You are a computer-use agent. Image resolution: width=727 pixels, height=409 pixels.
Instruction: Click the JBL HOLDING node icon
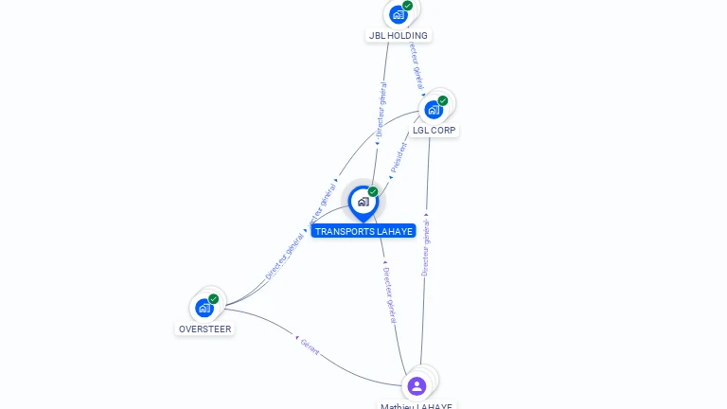(x=398, y=14)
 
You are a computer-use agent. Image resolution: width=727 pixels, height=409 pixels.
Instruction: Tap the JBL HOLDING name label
(x=398, y=36)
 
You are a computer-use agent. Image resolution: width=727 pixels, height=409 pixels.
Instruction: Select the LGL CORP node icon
(x=434, y=109)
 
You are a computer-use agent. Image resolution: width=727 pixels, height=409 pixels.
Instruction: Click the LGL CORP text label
(x=434, y=131)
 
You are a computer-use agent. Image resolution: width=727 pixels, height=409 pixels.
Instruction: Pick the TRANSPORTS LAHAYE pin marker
(x=363, y=202)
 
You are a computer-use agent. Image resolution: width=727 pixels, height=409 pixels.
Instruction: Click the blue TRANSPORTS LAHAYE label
(x=363, y=231)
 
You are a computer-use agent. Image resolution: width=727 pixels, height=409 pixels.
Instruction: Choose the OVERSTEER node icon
(x=204, y=307)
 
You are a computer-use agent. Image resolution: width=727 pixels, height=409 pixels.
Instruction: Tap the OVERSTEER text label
(x=204, y=329)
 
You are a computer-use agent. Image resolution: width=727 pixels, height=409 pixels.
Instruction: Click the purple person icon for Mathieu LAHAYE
(x=417, y=385)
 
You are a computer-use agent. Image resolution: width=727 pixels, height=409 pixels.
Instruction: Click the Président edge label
(x=399, y=157)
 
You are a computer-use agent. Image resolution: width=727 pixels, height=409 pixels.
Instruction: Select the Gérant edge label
(x=310, y=346)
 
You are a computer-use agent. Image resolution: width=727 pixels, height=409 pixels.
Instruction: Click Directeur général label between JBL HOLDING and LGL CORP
(x=417, y=64)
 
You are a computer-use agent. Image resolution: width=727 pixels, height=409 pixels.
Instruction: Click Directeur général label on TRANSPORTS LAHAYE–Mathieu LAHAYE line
(x=390, y=294)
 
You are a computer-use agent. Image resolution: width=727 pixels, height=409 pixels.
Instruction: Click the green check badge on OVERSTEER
(x=214, y=298)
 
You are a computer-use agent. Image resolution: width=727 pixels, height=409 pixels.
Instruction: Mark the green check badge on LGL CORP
(x=443, y=100)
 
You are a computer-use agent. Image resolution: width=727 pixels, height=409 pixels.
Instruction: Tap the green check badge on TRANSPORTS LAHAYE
(x=373, y=192)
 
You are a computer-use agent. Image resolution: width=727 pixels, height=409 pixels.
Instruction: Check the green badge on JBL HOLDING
(x=407, y=6)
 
